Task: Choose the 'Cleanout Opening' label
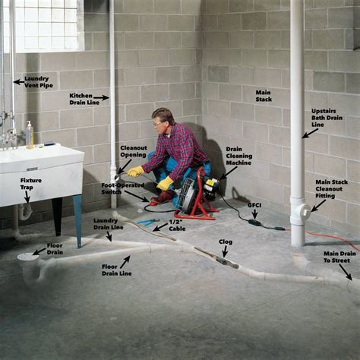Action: click(x=134, y=153)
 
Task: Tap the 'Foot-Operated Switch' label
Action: click(x=122, y=186)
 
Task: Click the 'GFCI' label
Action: click(x=254, y=205)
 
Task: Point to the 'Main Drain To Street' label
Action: click(x=338, y=258)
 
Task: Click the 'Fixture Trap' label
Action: click(x=31, y=185)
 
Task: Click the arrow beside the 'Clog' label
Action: click(x=224, y=252)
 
